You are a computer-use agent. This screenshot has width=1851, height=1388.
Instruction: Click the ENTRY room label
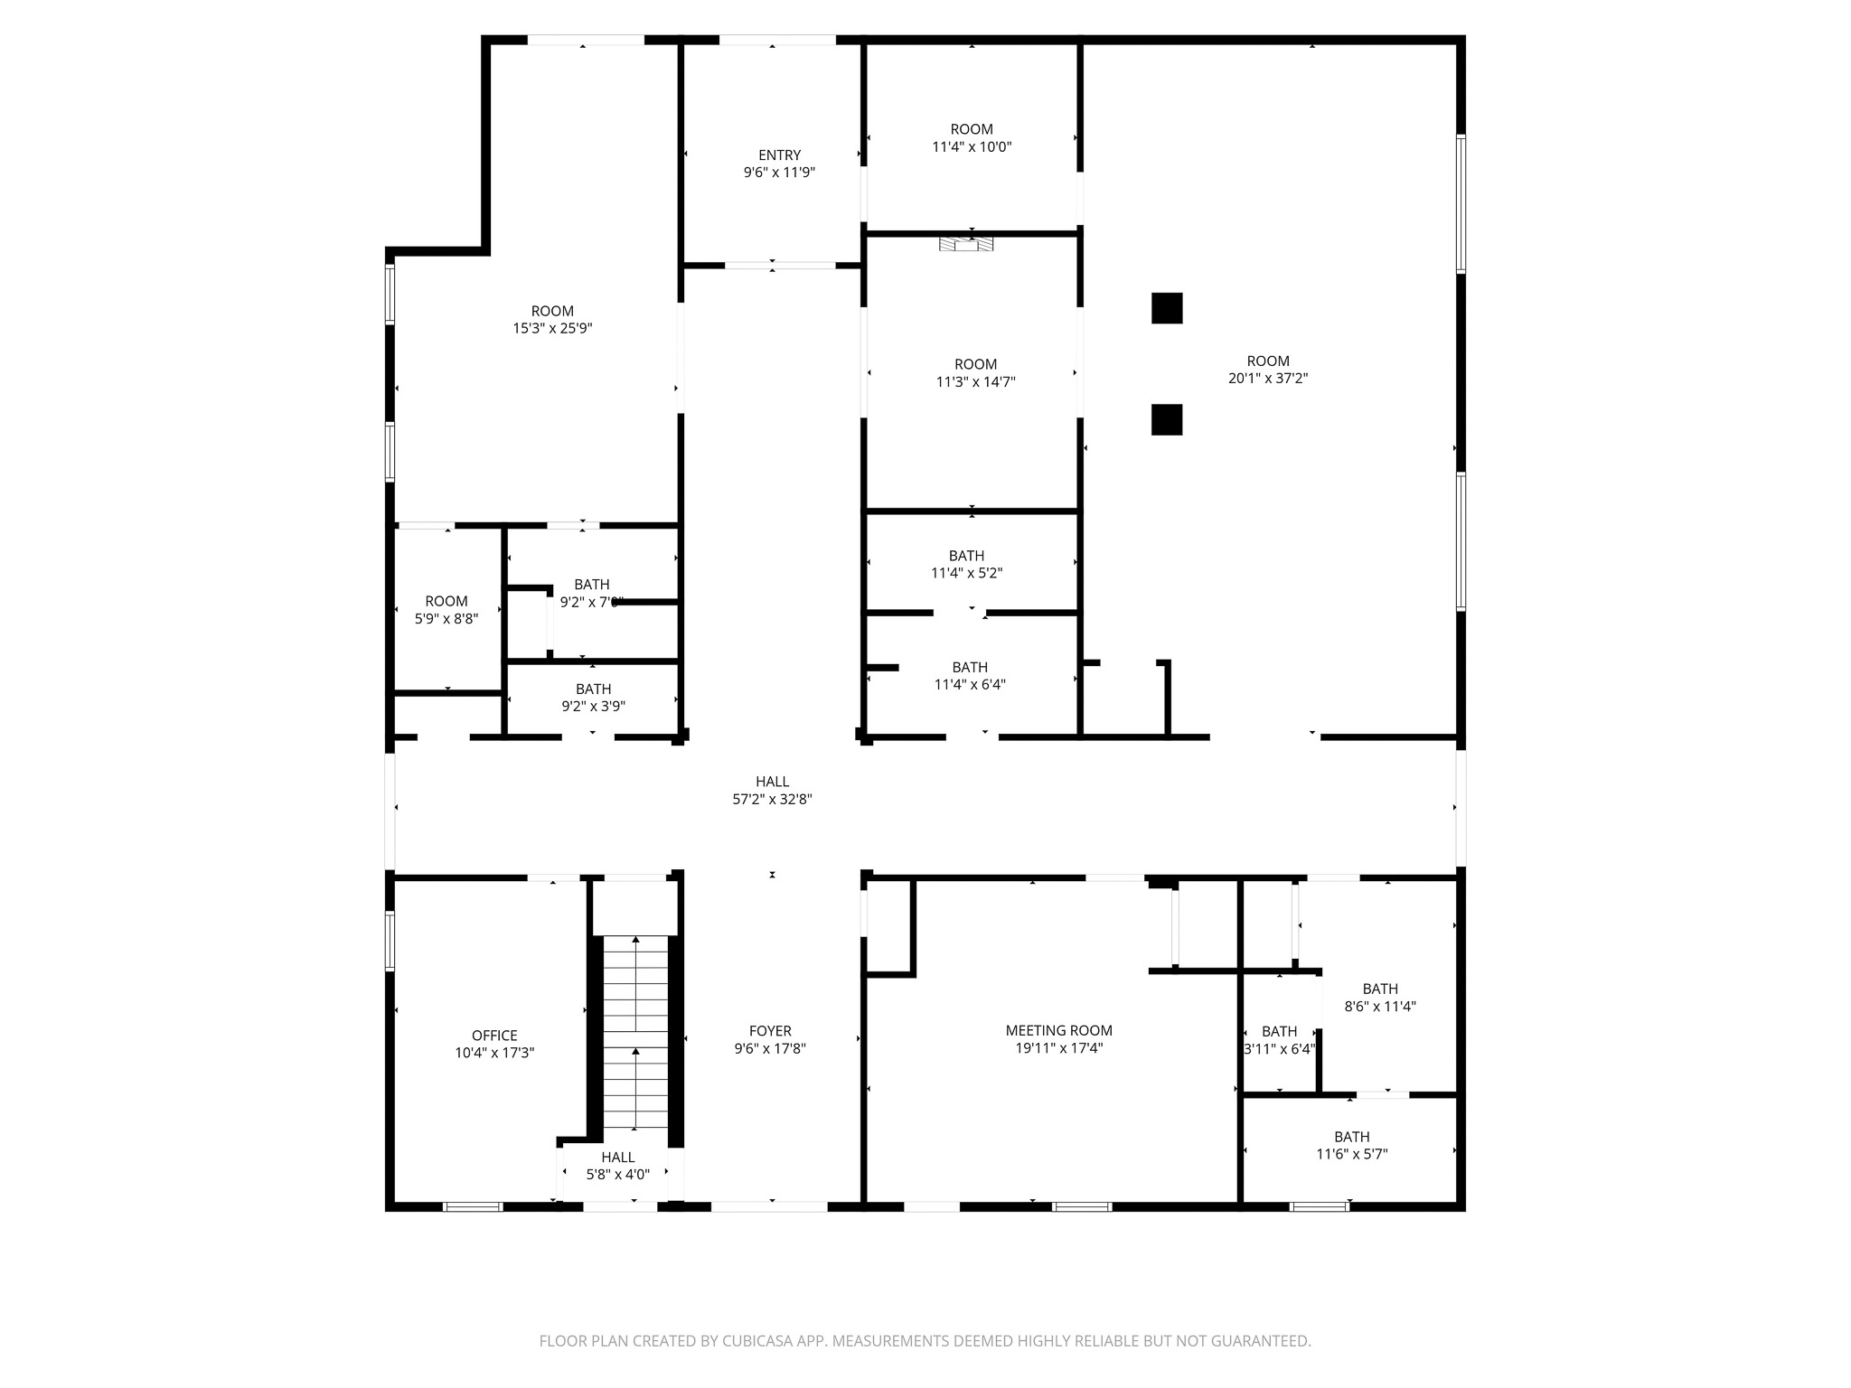point(779,155)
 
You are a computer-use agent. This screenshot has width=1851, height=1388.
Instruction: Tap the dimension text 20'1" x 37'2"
point(1267,379)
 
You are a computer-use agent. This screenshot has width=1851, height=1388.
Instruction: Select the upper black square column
point(1167,308)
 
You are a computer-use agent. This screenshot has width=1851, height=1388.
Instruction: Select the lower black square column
point(1167,419)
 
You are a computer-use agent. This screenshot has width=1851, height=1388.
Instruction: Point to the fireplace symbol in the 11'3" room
point(966,244)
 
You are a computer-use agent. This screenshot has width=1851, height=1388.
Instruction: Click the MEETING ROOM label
point(1058,1030)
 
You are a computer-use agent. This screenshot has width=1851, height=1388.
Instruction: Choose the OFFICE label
point(494,1036)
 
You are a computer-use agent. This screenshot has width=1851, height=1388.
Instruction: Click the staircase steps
point(635,1030)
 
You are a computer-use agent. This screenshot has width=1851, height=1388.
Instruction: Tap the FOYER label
point(770,1031)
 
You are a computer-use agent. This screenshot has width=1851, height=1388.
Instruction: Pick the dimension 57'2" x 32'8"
point(772,799)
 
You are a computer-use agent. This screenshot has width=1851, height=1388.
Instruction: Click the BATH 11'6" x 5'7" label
point(1351,1137)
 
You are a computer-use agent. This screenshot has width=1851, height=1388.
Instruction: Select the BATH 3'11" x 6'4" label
point(1279,1032)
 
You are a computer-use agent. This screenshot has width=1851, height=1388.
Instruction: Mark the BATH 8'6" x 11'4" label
point(1380,989)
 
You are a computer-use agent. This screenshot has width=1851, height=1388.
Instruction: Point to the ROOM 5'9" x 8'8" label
point(446,602)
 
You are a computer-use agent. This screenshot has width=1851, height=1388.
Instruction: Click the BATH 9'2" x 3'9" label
point(593,689)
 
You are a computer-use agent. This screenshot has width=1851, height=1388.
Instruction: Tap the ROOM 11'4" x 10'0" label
point(972,129)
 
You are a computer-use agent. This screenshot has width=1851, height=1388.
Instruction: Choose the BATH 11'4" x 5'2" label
point(966,556)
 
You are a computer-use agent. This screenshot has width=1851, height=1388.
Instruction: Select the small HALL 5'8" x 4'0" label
point(618,1158)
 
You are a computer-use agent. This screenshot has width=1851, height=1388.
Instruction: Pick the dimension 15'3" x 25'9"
point(552,329)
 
